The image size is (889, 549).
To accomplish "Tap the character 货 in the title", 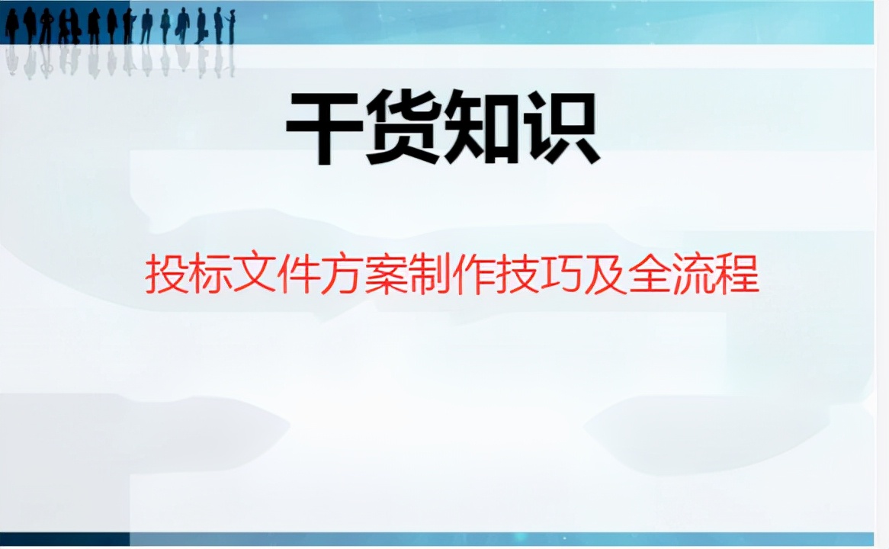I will pyautogui.click(x=403, y=128).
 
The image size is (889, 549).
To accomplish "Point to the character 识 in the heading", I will pyautogui.click(x=561, y=128).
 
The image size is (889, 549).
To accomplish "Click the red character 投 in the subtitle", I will pyautogui.click(x=165, y=276).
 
